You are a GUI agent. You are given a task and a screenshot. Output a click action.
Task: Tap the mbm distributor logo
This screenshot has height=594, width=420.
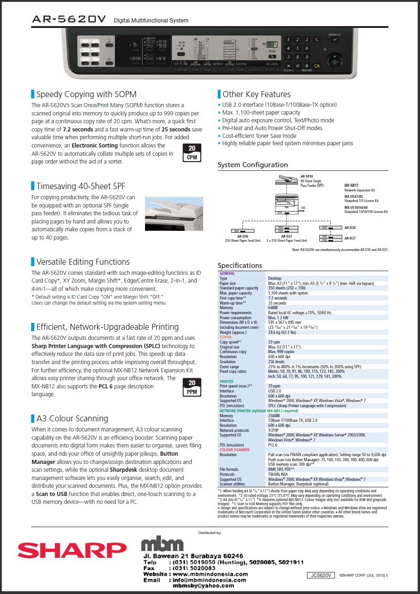162,544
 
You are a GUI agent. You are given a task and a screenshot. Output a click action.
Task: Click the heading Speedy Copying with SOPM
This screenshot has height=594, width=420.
86,94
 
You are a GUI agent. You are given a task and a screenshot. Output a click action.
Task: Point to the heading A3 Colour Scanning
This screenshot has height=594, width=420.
72,418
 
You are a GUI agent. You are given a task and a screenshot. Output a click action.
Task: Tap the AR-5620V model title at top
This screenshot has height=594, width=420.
69,19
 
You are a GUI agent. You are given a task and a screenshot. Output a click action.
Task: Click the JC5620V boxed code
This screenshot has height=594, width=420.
321,575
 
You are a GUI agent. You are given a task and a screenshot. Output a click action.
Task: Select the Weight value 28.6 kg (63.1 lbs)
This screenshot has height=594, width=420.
282,332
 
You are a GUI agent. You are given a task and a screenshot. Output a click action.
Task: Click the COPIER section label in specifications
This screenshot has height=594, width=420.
226,337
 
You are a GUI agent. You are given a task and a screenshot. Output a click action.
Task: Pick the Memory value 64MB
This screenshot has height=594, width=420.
274,308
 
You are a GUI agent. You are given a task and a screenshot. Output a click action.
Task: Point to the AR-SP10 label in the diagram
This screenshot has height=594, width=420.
307,176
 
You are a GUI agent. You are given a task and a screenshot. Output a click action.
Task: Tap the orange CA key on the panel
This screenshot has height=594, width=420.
317,66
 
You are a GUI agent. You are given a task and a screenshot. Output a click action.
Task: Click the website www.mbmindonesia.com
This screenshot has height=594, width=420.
210,574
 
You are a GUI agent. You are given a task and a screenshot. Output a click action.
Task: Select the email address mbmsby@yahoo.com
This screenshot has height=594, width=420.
203,586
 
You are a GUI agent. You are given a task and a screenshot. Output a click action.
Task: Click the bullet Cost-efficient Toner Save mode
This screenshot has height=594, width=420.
259,136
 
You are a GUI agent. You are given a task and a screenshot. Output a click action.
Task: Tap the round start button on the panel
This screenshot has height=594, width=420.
335,61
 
